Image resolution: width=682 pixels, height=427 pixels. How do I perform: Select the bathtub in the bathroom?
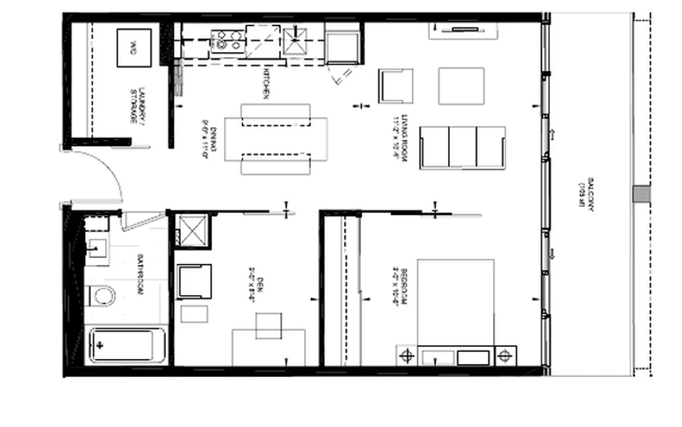126,345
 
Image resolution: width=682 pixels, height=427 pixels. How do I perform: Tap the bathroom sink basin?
97,249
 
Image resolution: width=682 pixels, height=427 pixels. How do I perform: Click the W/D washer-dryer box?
134,47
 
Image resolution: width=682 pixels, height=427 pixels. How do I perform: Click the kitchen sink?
295,41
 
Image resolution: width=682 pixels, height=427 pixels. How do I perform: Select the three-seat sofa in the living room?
462,147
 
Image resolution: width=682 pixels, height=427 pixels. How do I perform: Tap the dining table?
276,139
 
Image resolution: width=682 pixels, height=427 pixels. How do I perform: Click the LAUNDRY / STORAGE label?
138,105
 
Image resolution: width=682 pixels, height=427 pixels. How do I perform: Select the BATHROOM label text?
140,274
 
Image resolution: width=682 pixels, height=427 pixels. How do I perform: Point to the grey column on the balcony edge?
641,194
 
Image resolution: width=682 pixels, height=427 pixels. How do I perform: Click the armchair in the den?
194,282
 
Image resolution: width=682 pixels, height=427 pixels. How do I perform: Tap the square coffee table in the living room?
461,86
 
